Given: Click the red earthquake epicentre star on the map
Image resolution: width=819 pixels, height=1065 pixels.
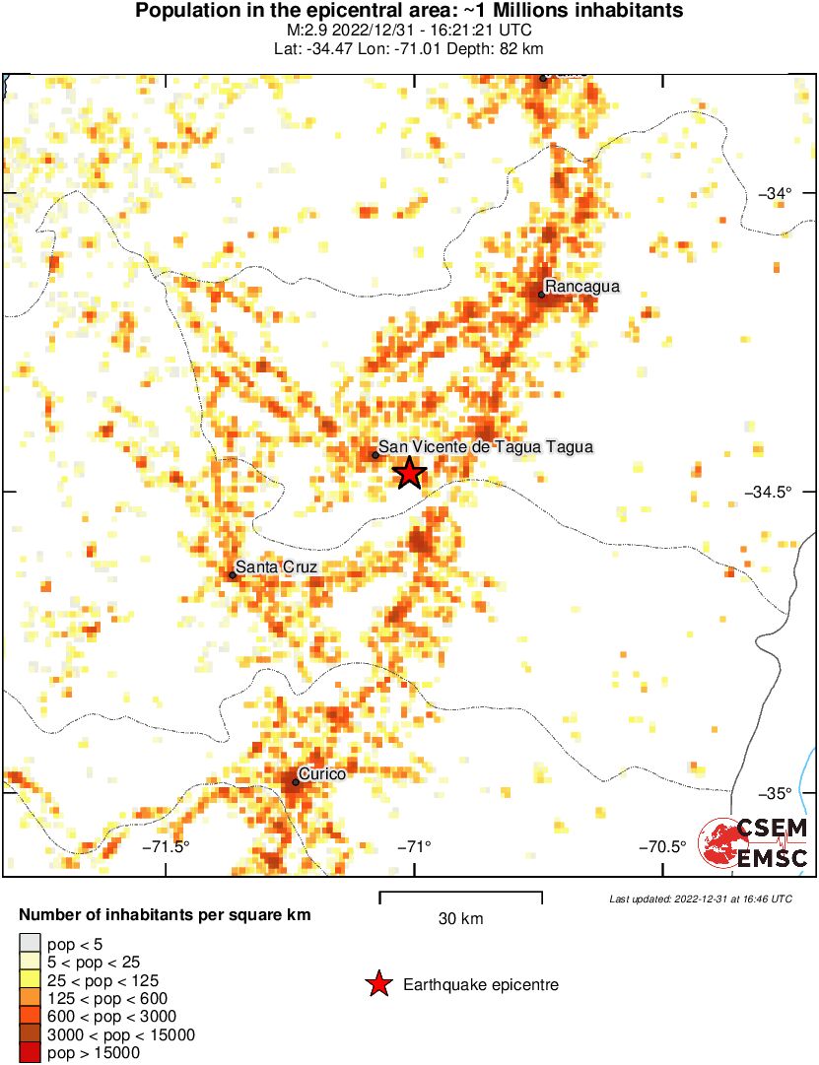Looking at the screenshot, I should click(x=409, y=473).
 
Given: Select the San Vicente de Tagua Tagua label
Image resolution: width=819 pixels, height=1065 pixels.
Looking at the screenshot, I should click(x=486, y=447).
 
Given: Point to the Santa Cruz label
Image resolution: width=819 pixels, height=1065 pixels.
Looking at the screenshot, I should click(x=276, y=567).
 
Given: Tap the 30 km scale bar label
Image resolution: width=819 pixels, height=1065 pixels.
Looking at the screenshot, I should click(x=460, y=919).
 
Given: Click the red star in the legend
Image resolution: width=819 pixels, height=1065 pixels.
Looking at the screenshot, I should click(x=376, y=984).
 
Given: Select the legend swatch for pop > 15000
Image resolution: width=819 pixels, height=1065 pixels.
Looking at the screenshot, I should click(x=29, y=1052).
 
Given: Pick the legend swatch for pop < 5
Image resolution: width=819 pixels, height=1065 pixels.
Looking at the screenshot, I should click(x=29, y=945).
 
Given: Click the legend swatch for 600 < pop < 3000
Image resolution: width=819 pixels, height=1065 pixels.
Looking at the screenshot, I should click(x=29, y=1017).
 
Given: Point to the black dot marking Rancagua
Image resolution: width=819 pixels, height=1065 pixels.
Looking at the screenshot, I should click(x=542, y=294).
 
